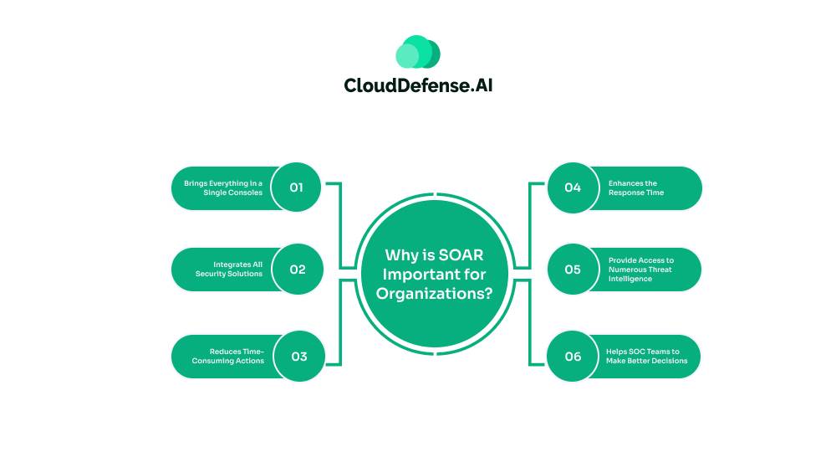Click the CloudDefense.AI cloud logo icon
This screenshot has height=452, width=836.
click(418, 52)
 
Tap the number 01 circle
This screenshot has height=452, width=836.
click(297, 187)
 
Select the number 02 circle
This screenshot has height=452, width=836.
click(298, 270)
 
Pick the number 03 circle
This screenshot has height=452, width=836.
click(298, 357)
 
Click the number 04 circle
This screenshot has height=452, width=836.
click(573, 187)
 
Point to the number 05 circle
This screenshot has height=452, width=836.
click(573, 270)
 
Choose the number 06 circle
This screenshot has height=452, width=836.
click(573, 357)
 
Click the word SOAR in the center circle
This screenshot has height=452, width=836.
click(460, 255)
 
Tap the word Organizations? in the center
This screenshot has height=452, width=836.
click(434, 293)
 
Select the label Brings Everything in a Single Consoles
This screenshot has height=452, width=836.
click(223, 187)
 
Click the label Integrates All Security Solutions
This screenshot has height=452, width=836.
click(229, 269)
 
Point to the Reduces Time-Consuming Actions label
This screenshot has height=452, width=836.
click(228, 356)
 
